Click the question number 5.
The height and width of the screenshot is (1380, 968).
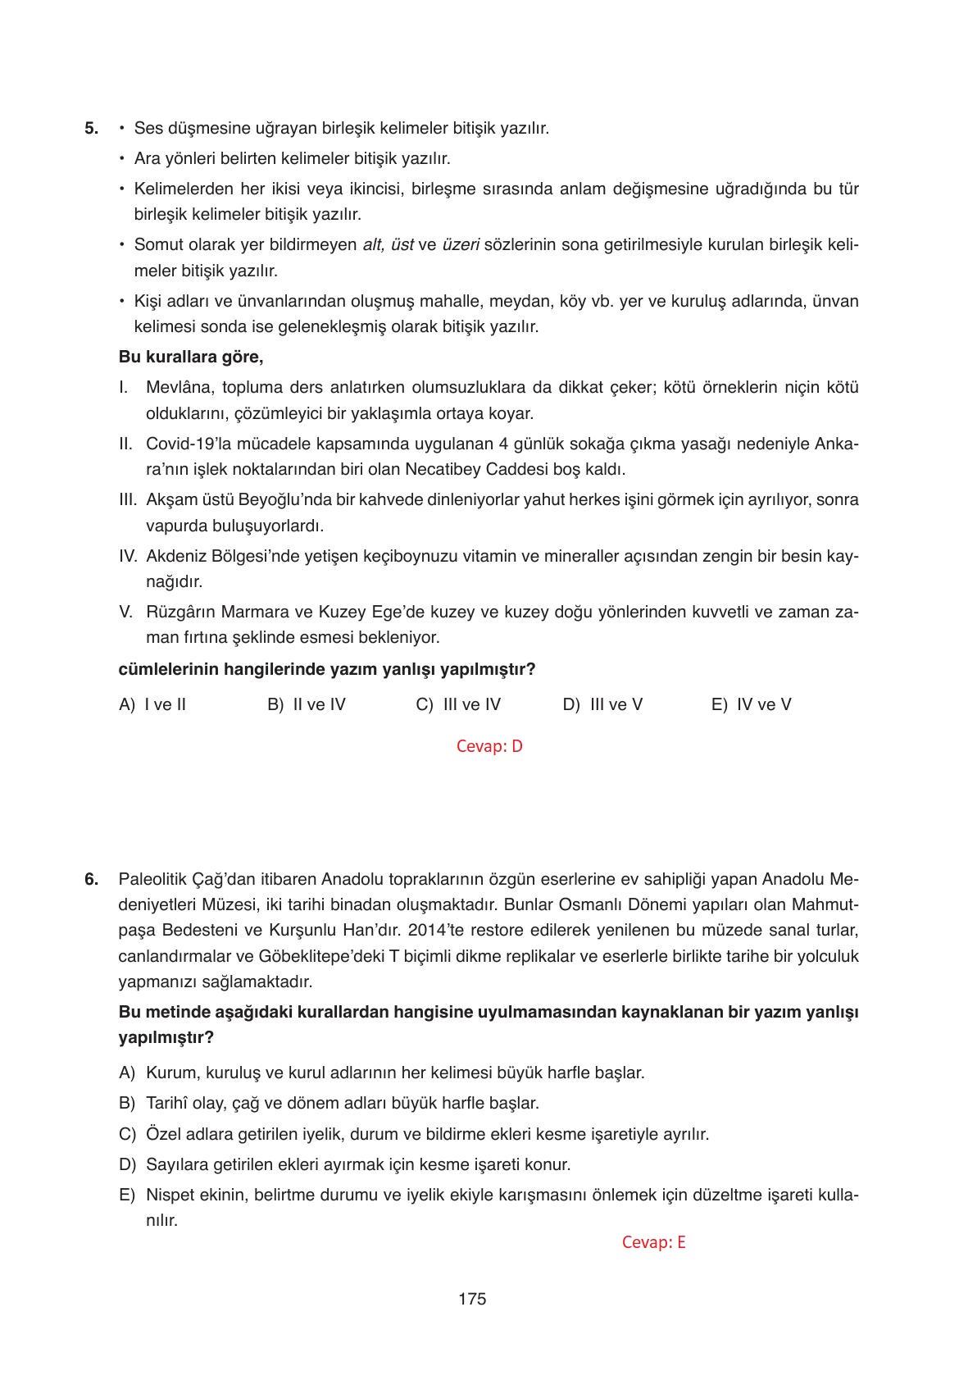pyautogui.click(x=91, y=129)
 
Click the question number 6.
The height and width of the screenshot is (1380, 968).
pyautogui.click(x=91, y=880)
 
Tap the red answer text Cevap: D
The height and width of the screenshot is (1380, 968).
pyautogui.click(x=489, y=746)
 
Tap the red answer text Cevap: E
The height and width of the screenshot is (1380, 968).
pyautogui.click(x=653, y=1242)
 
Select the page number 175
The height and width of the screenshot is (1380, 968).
pyautogui.click(x=473, y=1299)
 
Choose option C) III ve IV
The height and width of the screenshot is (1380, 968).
pyautogui.click(x=458, y=704)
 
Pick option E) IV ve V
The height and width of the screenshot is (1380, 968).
pyautogui.click(x=751, y=704)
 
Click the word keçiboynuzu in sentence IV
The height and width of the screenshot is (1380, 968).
pyautogui.click(x=393, y=556)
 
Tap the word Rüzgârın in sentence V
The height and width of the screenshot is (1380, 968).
pyautogui.click(x=176, y=612)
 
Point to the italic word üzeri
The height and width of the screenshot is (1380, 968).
pyautogui.click(x=460, y=244)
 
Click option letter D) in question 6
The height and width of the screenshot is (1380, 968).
pyautogui.click(x=127, y=1164)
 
